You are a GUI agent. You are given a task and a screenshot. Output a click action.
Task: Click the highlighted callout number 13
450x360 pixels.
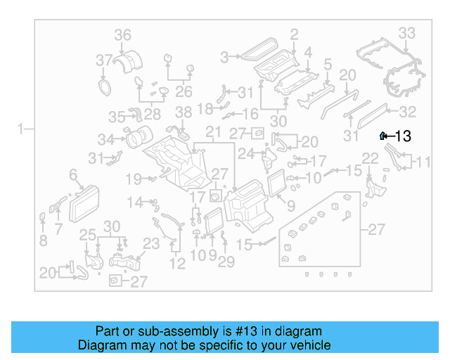click(403, 136)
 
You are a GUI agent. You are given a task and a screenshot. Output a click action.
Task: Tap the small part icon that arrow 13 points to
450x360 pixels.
click(382, 136)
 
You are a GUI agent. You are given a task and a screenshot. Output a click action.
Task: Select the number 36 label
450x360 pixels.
click(122, 35)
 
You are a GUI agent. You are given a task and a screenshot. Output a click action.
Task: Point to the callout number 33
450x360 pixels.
click(406, 33)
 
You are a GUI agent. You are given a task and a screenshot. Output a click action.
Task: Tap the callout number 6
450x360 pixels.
click(72, 174)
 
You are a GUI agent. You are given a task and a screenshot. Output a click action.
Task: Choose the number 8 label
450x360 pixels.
click(43, 240)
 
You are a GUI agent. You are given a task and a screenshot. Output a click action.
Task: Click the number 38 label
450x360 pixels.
click(183, 112)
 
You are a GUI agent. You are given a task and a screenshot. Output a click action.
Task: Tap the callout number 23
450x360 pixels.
click(152, 243)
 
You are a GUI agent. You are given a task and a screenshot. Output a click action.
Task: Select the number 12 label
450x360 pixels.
click(177, 264)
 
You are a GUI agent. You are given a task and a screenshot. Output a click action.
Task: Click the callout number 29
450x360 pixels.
click(226, 262)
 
